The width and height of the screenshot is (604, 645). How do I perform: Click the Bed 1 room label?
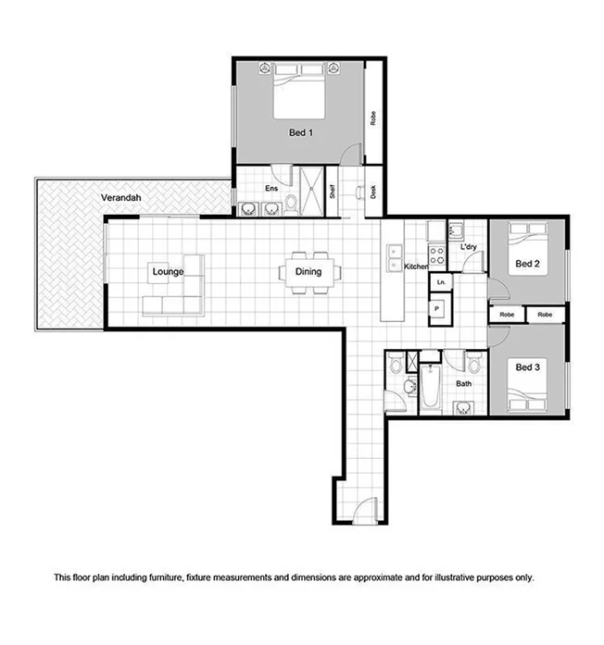300,133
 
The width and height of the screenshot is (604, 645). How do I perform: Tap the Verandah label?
120,198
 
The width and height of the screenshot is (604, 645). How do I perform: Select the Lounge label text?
168,271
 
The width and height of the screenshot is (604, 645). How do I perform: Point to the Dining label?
308,271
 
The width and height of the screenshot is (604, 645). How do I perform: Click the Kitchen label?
416,267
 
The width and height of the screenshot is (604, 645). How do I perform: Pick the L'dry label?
467,247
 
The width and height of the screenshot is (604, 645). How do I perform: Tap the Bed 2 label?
527,264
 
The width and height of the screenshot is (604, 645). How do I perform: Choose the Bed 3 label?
527,367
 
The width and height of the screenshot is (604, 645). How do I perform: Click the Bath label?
464,383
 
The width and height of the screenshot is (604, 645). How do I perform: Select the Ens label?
272,189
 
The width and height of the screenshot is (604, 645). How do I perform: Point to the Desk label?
372,192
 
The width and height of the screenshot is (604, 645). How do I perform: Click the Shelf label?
332,192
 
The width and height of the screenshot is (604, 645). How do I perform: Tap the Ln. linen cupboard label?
441,280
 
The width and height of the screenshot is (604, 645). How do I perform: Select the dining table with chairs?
309,272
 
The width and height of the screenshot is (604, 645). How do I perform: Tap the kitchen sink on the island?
395,251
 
